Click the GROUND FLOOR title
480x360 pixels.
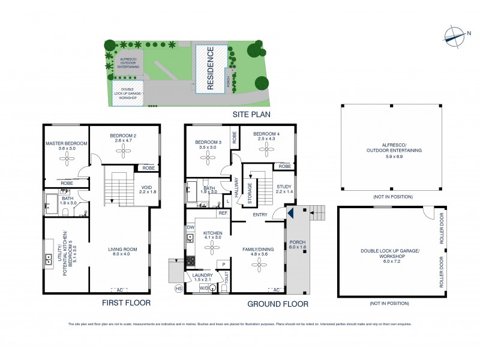(x=277, y=304)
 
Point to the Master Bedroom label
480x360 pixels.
(x=67, y=146)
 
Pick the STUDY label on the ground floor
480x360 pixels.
(x=284, y=189)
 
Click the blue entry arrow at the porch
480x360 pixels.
(x=289, y=212)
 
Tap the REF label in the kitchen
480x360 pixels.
(x=223, y=213)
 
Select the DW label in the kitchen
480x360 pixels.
(x=190, y=227)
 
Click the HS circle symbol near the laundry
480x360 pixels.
(x=178, y=289)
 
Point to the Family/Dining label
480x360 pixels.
(x=258, y=251)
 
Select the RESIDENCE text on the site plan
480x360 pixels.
(x=210, y=68)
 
